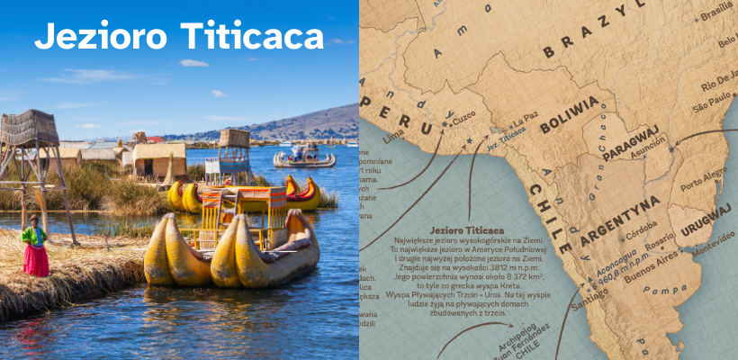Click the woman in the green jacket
click(35, 245)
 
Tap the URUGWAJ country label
click(705, 219)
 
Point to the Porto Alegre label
click(705, 172)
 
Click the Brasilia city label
click(716, 14)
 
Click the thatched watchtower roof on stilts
click(30, 128)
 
